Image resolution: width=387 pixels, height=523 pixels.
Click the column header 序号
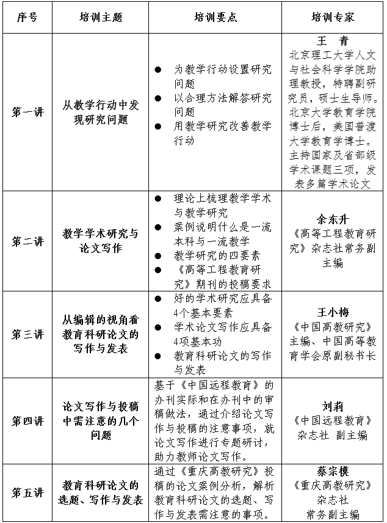(x=27, y=17)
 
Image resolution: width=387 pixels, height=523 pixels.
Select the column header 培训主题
(x=100, y=17)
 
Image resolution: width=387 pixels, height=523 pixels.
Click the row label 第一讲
(x=27, y=112)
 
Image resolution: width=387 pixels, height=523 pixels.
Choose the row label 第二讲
(x=27, y=241)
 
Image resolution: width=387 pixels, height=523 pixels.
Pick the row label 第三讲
(x=27, y=334)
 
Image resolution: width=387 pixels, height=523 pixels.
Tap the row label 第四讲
(x=27, y=421)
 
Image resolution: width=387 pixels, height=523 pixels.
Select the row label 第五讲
(x=27, y=492)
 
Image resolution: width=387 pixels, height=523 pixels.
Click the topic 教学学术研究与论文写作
(x=100, y=241)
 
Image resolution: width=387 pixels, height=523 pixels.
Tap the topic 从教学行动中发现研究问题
(x=100, y=112)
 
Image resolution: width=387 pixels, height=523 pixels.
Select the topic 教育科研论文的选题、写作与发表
(x=100, y=492)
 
